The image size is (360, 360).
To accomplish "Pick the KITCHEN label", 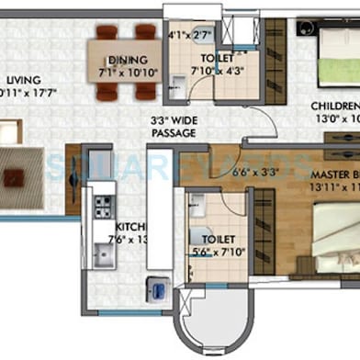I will point(127,228).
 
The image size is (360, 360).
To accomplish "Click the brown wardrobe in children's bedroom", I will point(275,55).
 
